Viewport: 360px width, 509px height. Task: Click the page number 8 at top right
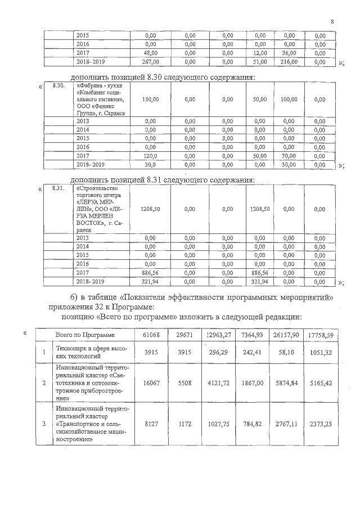332,22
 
